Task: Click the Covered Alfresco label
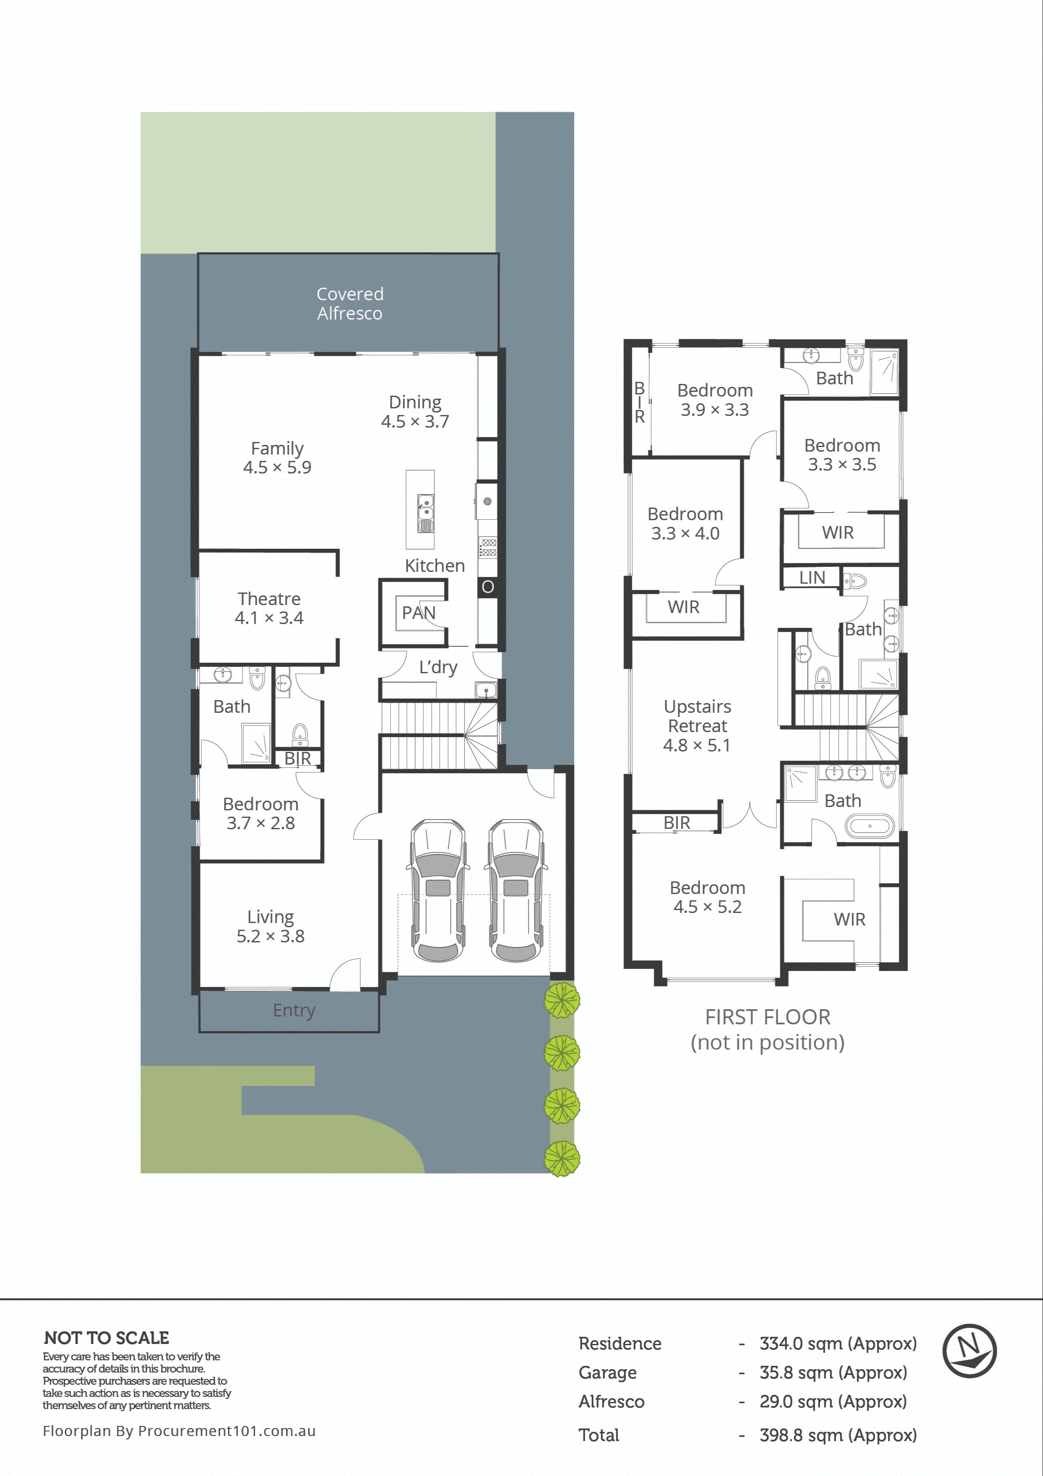350,304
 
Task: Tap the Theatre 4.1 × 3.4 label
269,608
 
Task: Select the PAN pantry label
418,613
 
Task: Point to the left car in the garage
438,890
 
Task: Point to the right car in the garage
516,890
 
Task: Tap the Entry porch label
294,1010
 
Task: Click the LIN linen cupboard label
812,577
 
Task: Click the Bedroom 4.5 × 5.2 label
707,897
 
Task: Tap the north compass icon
969,1351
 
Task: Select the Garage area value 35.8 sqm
833,1373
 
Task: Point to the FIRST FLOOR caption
767,1017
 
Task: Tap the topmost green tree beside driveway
562,1000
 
